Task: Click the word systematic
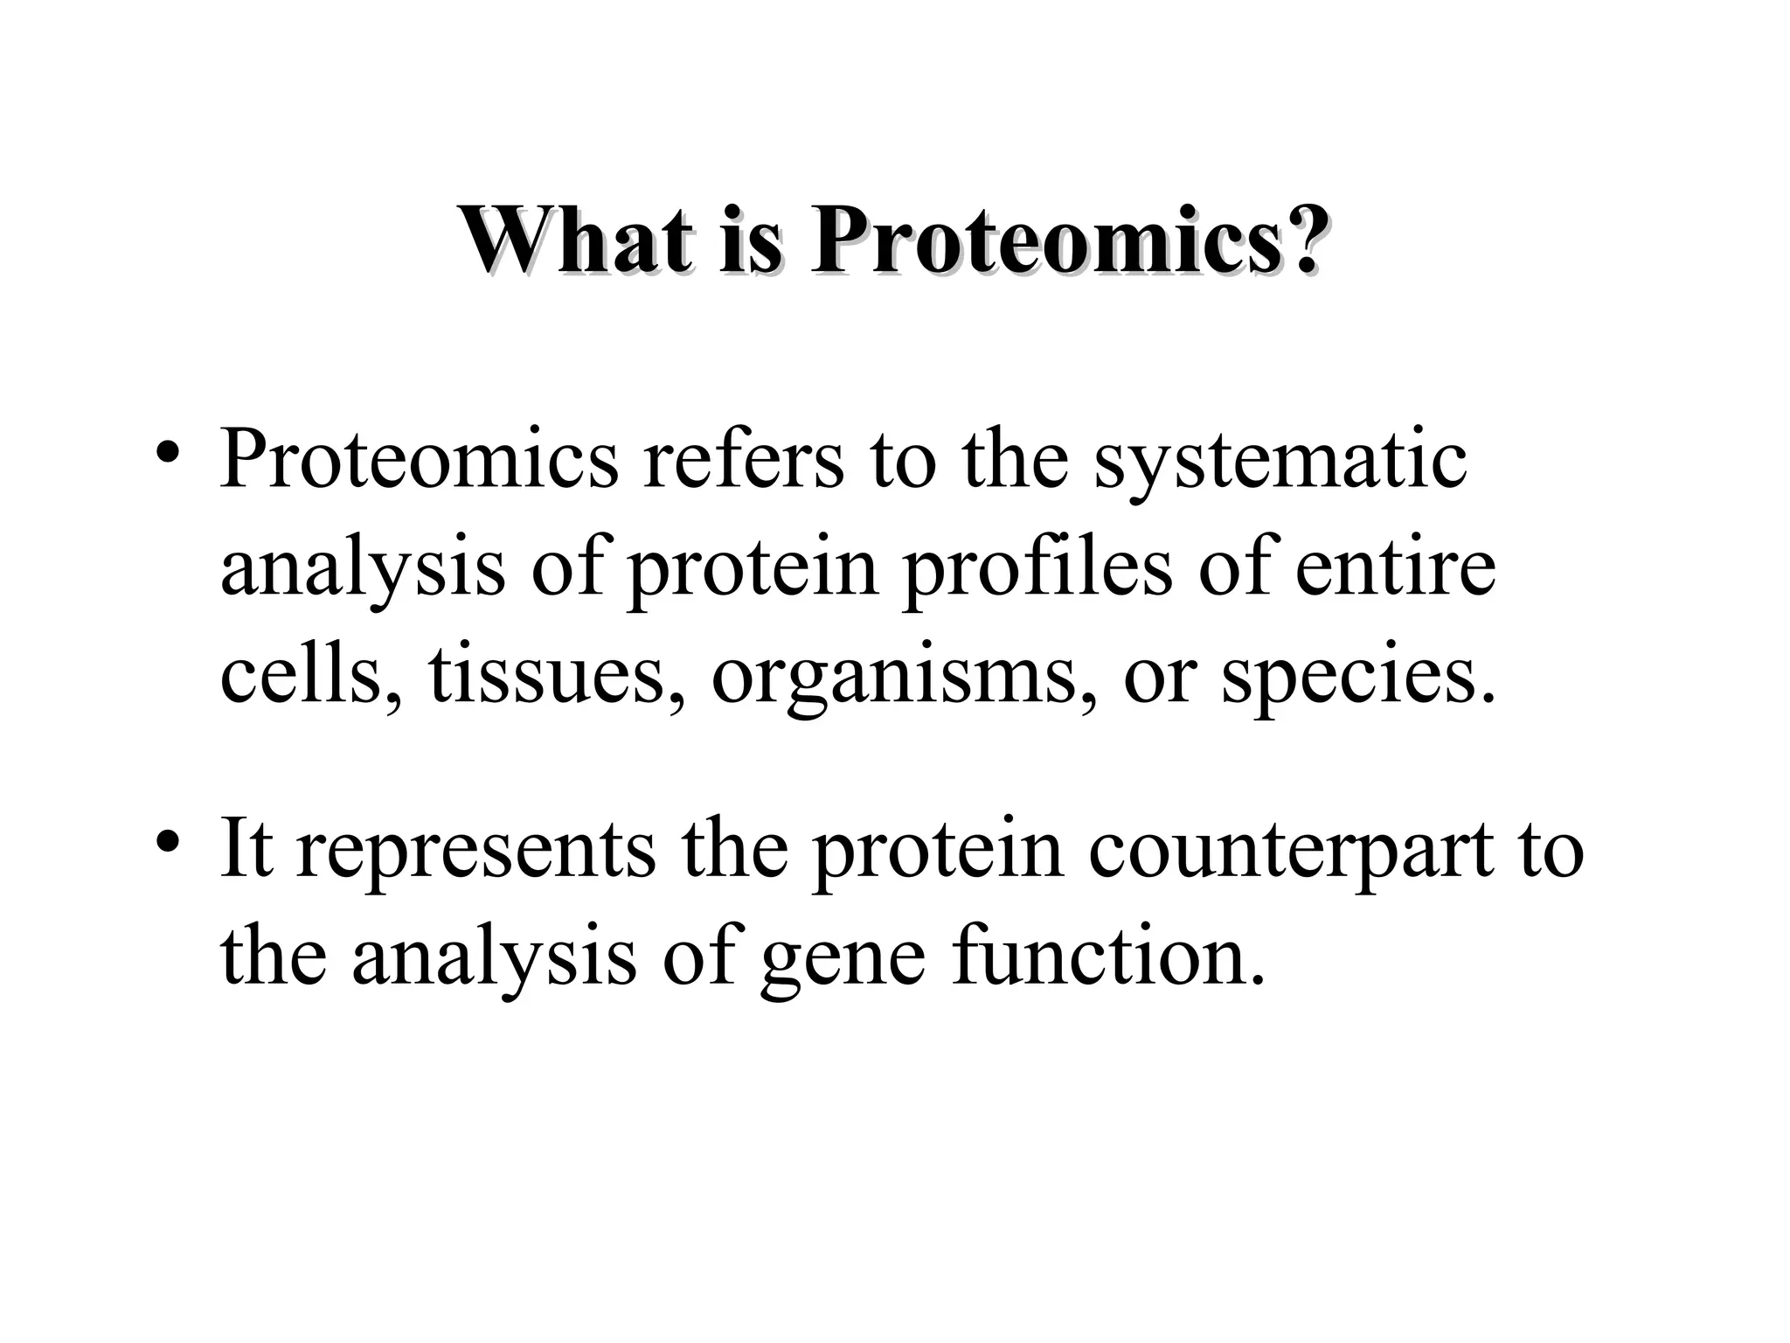pos(1280,461)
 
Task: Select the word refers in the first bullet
pos(744,461)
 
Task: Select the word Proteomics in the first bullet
pos(420,461)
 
